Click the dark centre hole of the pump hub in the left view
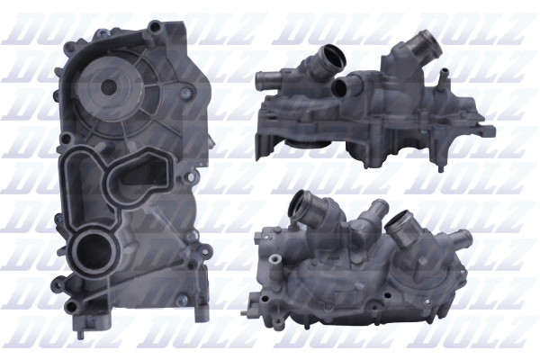click(x=109, y=86)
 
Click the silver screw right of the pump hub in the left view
click(x=186, y=93)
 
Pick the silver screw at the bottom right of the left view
click(x=182, y=300)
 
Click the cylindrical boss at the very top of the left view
click(x=156, y=27)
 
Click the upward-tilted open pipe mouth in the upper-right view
click(x=332, y=57)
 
